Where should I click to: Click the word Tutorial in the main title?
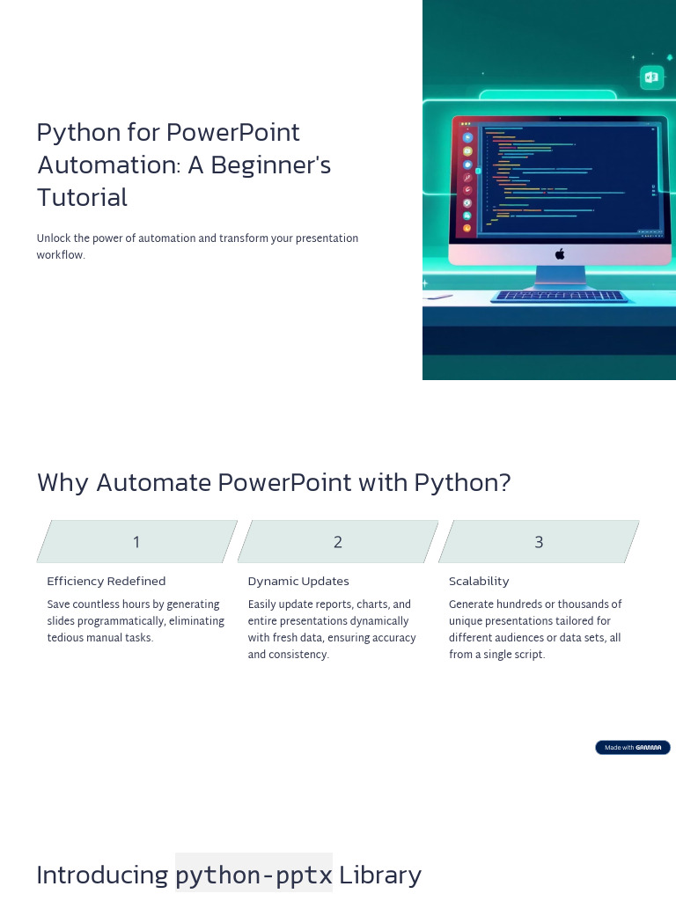[x=82, y=197]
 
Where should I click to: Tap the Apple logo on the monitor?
[x=560, y=253]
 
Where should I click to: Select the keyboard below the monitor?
[x=561, y=297]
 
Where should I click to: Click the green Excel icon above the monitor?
[x=651, y=77]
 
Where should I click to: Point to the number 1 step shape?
[x=136, y=542]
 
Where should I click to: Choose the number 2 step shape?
[x=338, y=542]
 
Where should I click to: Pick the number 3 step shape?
[x=539, y=542]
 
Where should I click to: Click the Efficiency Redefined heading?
[x=106, y=582]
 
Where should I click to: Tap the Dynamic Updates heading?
[x=298, y=582]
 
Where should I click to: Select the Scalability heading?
[x=479, y=582]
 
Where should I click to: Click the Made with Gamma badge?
[x=632, y=747]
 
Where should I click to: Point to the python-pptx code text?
[x=253, y=875]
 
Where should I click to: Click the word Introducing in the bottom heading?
[x=102, y=875]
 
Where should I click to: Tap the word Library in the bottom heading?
[x=380, y=875]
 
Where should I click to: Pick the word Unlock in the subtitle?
[x=53, y=238]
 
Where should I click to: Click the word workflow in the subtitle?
[x=60, y=255]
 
